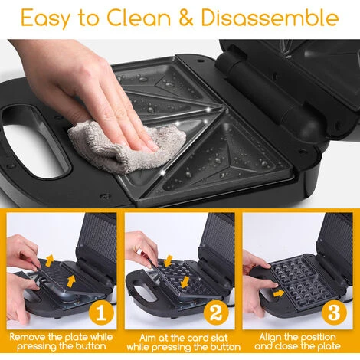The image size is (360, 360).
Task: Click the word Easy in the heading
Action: coord(44,18)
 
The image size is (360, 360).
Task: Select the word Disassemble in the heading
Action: coord(270,18)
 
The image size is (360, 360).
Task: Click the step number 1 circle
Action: coord(101,313)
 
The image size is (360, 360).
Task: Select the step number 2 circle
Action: coord(217,313)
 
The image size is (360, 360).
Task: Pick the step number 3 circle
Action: coord(334,313)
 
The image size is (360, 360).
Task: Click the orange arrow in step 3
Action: coord(278,293)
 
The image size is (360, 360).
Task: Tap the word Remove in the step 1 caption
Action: coord(28,337)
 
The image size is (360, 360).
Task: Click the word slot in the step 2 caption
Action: coord(219,338)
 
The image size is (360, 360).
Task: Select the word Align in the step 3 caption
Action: coord(270,338)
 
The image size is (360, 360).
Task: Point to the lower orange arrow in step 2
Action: coord(185,282)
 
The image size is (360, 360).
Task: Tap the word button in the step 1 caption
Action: coord(90,346)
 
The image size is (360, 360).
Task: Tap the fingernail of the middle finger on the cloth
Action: coord(153,147)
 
